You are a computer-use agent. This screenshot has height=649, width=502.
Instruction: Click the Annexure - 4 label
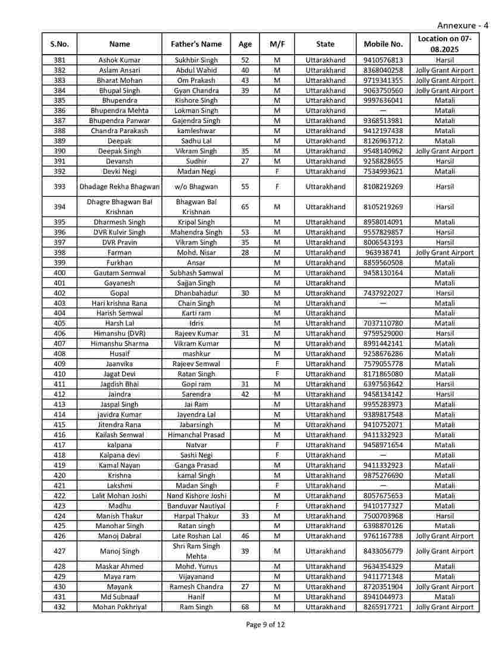tap(463, 25)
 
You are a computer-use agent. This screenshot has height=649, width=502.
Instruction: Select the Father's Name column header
tap(196, 44)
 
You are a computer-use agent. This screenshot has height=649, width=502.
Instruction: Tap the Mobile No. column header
tap(383, 44)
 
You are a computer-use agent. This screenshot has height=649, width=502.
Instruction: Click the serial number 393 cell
tap(60, 187)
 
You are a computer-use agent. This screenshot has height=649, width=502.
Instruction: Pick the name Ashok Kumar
tap(119, 60)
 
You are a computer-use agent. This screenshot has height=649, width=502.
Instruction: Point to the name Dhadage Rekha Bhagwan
tap(119, 187)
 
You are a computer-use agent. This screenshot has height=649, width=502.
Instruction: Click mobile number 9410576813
tap(383, 60)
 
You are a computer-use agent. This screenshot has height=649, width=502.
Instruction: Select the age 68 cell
tap(245, 607)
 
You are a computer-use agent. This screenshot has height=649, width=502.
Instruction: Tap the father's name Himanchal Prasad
tap(196, 435)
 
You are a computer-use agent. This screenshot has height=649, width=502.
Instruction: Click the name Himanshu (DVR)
tap(119, 334)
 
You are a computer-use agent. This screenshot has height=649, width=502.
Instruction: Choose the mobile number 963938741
tap(383, 252)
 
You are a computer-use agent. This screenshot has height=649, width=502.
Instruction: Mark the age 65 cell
tap(245, 207)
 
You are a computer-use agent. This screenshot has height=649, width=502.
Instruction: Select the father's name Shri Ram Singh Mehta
tap(196, 551)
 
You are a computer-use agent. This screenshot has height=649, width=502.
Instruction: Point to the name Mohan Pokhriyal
tap(119, 607)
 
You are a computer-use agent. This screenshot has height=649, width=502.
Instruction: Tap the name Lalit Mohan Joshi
tap(119, 496)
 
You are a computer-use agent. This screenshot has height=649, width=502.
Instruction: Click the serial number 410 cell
tap(60, 374)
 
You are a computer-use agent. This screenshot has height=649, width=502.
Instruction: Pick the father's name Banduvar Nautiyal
tap(196, 506)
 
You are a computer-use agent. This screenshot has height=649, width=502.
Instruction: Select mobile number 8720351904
tap(383, 587)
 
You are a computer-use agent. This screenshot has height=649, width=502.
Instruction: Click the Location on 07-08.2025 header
tap(444, 44)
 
